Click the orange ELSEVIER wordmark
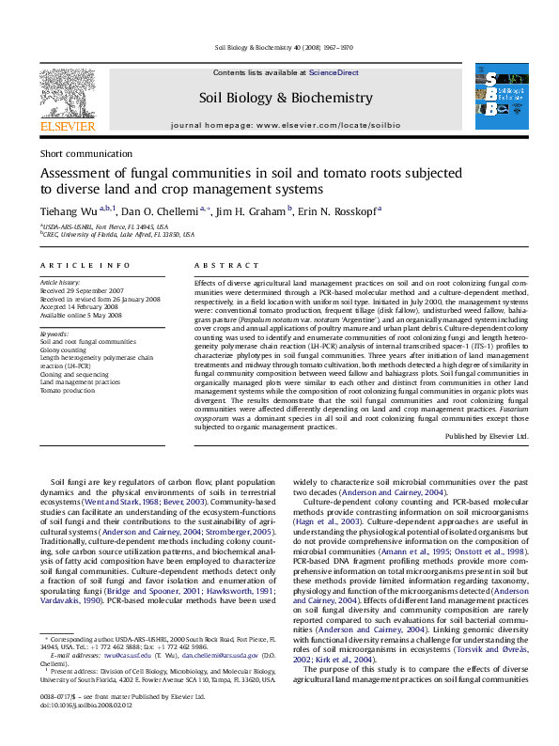(x=67, y=125)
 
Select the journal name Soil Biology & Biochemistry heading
(x=286, y=97)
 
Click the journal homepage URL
(x=286, y=125)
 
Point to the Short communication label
(x=86, y=154)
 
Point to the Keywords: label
(x=54, y=334)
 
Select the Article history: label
(x=61, y=282)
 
